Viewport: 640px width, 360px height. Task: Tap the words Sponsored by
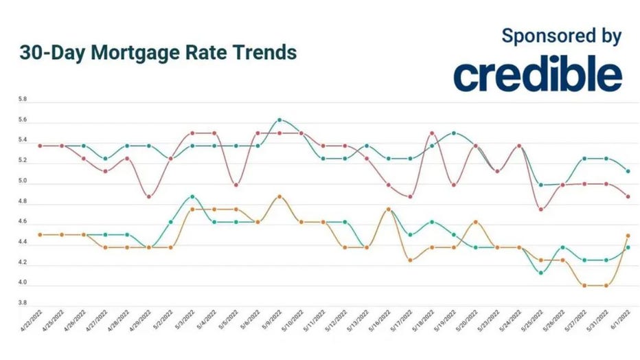(561, 36)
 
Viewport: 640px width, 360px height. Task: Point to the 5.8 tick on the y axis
(23, 100)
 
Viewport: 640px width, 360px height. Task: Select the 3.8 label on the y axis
(23, 303)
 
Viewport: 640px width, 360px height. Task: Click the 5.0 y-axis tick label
(23, 182)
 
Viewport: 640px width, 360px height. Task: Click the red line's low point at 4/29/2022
(149, 196)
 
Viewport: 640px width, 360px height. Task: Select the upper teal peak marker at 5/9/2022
(279, 120)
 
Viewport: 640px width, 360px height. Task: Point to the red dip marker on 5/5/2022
(236, 185)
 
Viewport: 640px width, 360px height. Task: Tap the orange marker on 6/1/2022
(628, 236)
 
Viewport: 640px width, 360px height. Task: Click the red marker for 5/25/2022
(541, 210)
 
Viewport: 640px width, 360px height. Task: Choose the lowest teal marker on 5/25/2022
(541, 273)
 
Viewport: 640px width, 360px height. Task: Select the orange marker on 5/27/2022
(584, 285)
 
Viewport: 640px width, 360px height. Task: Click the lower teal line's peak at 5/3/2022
(192, 196)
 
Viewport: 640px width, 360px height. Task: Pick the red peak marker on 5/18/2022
(432, 133)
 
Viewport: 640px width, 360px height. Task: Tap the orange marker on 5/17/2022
(410, 260)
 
